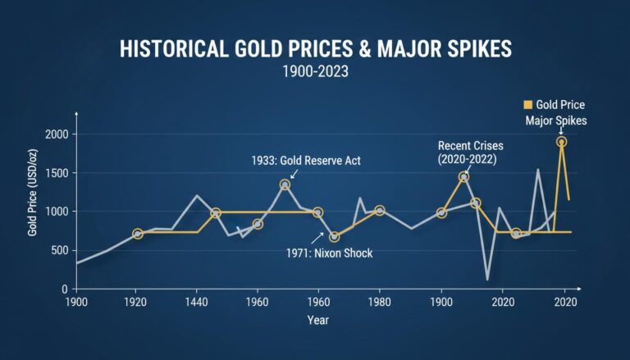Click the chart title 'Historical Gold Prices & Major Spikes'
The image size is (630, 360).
pyautogui.click(x=315, y=48)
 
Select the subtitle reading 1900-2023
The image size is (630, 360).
pyautogui.click(x=315, y=72)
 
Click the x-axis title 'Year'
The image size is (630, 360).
pyautogui.click(x=319, y=320)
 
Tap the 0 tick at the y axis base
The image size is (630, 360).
pyautogui.click(x=64, y=289)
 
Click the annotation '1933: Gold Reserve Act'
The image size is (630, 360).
pyautogui.click(x=306, y=161)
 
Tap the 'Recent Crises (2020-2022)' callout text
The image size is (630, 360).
pyautogui.click(x=471, y=152)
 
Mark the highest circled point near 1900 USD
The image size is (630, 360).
pyautogui.click(x=562, y=142)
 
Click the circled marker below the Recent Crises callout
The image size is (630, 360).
pyautogui.click(x=463, y=177)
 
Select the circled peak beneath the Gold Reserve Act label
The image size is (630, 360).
pyautogui.click(x=285, y=185)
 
